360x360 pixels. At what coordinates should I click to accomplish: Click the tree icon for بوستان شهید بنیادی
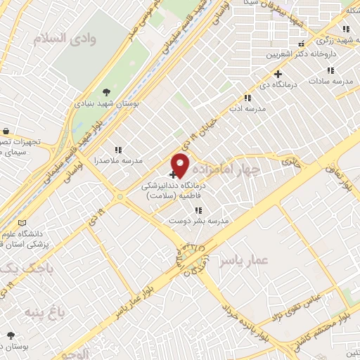[x=106, y=91]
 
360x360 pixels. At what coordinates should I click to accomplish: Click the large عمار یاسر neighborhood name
[x=243, y=261]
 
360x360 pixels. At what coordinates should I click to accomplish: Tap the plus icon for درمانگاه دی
[x=279, y=74]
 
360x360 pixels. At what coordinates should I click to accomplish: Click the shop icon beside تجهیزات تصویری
[x=6, y=131]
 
